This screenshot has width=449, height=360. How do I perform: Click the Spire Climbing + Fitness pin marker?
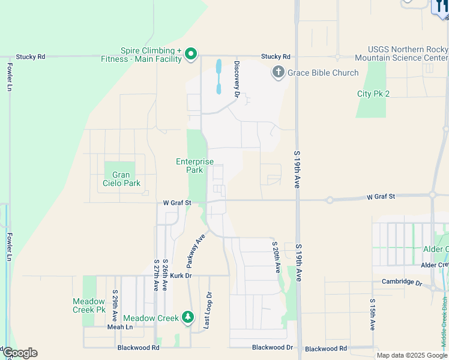click(191, 55)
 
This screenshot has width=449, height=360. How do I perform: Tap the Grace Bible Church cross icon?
click(278, 73)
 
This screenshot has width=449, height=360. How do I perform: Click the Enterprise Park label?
click(194, 166)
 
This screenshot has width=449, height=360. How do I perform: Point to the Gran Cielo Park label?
click(121, 179)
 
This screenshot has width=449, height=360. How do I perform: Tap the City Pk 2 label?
click(373, 94)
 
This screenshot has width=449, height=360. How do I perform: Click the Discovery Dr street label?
click(237, 79)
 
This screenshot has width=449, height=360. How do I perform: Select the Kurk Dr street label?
click(180, 275)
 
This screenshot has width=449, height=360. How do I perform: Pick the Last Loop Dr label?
click(208, 310)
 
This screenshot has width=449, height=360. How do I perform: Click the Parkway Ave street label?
click(192, 251)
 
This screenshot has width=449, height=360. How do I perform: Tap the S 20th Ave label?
click(277, 257)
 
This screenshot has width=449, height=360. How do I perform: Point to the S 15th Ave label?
click(372, 314)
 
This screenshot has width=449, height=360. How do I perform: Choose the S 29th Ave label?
click(114, 305)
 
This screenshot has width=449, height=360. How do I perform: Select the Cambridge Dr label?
click(402, 281)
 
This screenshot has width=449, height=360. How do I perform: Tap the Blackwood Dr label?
click(273, 347)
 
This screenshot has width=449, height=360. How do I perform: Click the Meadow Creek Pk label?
click(89, 305)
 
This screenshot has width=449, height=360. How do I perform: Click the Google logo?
click(19, 353)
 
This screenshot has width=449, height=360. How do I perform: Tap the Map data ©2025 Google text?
click(412, 355)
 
